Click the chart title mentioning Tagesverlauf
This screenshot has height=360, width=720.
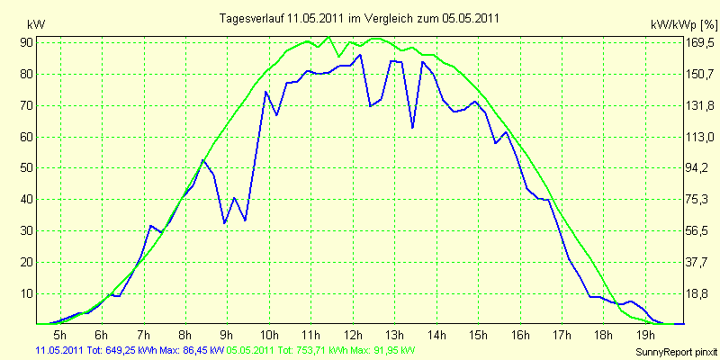(359, 19)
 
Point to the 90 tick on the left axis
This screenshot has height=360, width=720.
(27, 42)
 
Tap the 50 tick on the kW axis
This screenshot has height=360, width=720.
(27, 168)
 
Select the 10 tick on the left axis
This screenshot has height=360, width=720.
(27, 294)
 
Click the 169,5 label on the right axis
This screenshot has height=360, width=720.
(700, 43)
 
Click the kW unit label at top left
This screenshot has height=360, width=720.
(36, 24)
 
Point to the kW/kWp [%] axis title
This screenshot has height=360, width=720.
(683, 24)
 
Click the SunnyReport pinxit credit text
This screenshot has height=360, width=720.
(677, 352)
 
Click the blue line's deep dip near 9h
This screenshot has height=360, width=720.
(224, 223)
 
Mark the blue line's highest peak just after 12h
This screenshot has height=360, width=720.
(360, 55)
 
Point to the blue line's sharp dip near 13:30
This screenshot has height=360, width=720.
(412, 128)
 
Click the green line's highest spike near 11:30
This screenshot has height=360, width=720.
(328, 37)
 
